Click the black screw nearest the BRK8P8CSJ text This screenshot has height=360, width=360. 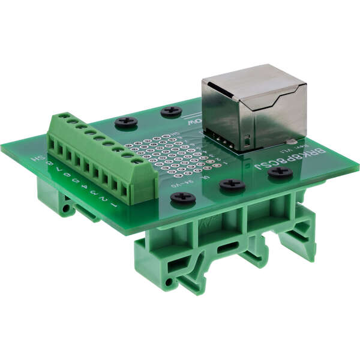[x=280, y=172]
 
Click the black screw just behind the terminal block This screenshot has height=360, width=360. [x=126, y=122]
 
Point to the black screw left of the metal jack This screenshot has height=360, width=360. [x=172, y=111]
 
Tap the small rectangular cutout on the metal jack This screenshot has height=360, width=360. [x=246, y=143]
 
